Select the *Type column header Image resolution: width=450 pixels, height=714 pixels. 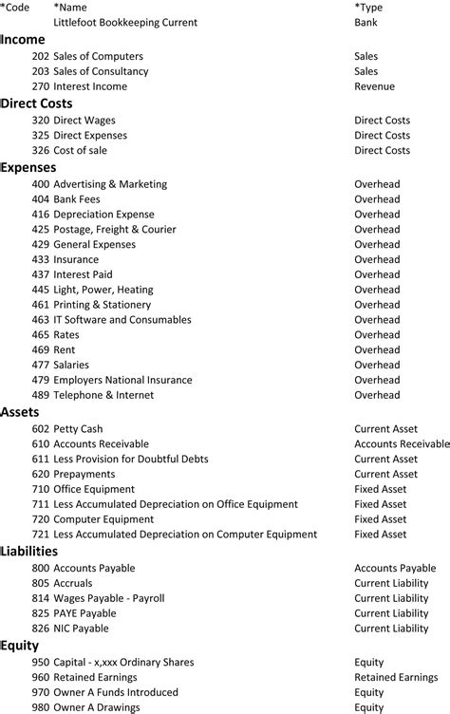coord(370,7)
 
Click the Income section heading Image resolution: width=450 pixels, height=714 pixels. coord(24,39)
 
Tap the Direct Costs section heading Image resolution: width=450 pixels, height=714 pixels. coord(37,103)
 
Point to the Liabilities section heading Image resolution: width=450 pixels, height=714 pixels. coord(29,551)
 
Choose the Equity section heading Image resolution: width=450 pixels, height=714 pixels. coord(21,646)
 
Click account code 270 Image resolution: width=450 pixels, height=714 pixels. coord(40,86)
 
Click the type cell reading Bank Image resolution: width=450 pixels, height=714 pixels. coord(366,22)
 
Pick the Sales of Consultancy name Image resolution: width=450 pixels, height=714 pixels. coord(101,71)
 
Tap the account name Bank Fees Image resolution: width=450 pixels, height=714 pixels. coord(77,199)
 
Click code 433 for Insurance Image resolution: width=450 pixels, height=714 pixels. coord(40,259)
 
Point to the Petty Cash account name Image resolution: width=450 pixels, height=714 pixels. coord(78,429)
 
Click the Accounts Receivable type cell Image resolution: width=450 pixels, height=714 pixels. coord(402,444)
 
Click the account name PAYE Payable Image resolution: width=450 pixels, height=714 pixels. coord(84,613)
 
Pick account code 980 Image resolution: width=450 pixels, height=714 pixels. coord(40,708)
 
